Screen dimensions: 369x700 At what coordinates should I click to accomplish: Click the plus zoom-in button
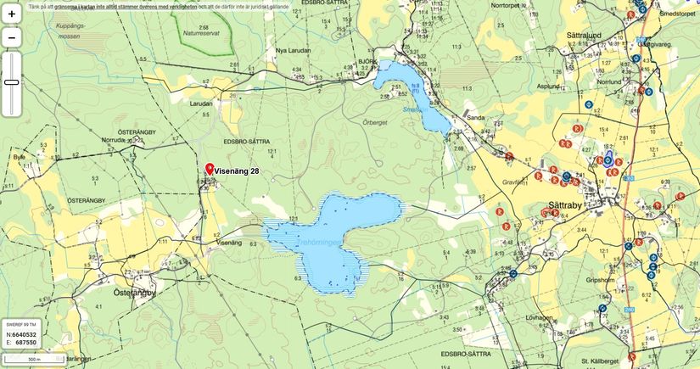click(x=12, y=14)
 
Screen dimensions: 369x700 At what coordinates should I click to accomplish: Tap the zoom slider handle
click(x=12, y=82)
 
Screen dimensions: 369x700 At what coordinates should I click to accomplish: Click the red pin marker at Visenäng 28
click(x=209, y=169)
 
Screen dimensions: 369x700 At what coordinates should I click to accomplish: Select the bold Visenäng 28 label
click(x=237, y=171)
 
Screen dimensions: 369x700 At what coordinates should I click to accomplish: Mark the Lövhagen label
click(x=539, y=316)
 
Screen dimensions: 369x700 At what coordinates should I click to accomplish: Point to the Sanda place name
click(x=475, y=118)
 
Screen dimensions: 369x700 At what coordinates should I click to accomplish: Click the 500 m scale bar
click(x=33, y=360)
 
